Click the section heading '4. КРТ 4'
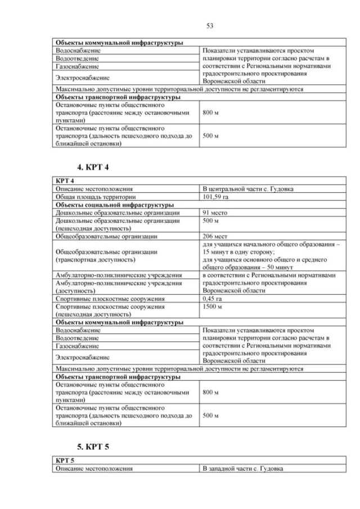93,167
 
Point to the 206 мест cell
214,237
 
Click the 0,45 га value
213,299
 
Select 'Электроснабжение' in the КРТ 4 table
82,357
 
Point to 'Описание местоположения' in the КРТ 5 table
94,469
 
